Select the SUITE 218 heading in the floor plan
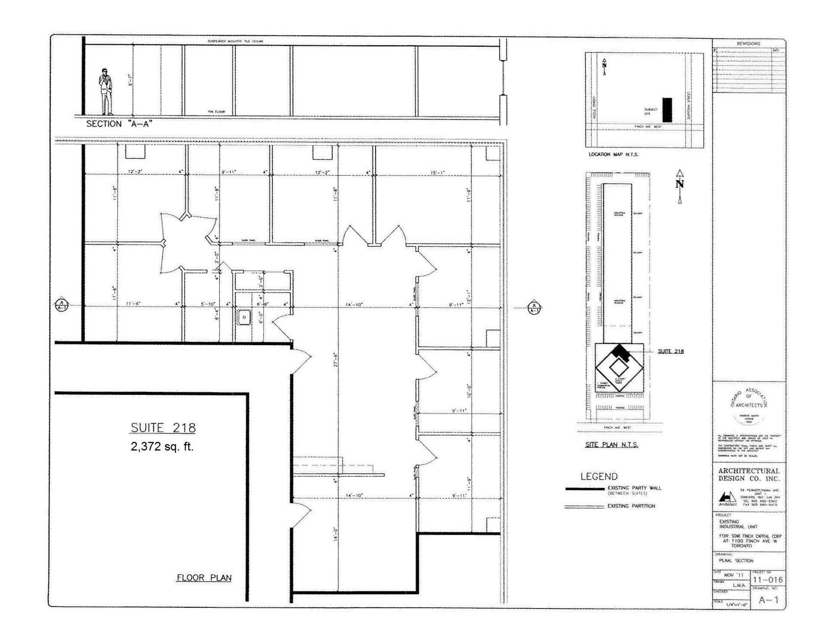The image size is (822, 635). coord(163,428)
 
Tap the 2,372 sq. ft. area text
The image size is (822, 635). coord(162,447)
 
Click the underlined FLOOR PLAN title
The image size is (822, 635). coord(204,578)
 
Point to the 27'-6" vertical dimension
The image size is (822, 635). coord(335,359)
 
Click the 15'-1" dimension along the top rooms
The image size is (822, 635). coord(437,173)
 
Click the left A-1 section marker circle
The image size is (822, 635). coord(62,305)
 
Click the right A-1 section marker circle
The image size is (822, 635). coord(535,308)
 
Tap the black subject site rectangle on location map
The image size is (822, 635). coord(667,110)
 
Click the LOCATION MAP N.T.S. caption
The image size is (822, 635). coord(613,154)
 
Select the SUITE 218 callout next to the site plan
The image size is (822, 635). coord(671,351)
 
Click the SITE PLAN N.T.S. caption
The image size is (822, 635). coord(611,445)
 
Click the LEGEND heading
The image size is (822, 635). coord(599,477)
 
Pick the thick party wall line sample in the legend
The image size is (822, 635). coord(584,489)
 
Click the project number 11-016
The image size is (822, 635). coord(767,580)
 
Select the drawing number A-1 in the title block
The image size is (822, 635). coord(768,600)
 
